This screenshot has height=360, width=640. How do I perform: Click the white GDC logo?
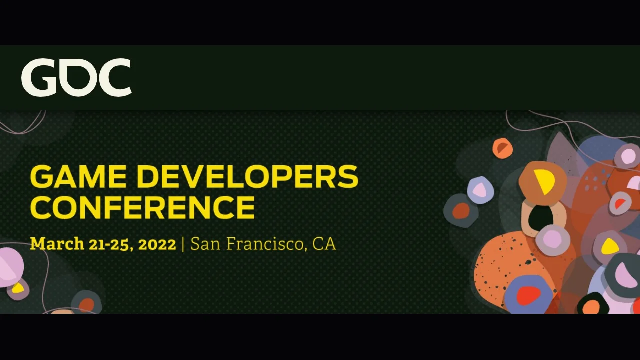click(x=76, y=77)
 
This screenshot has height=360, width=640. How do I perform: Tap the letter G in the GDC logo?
click(x=39, y=77)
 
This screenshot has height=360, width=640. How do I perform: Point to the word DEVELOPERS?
click(x=247, y=177)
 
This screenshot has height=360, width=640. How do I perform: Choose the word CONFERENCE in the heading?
click(x=143, y=207)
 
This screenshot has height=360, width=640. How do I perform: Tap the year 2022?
click(x=157, y=245)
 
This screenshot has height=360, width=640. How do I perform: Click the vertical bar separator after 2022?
click(x=183, y=245)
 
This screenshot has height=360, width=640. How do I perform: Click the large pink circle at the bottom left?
click(x=11, y=267)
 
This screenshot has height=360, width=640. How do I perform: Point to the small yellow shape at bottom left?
click(x=18, y=288)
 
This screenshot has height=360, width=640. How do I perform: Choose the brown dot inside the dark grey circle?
click(x=461, y=211)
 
